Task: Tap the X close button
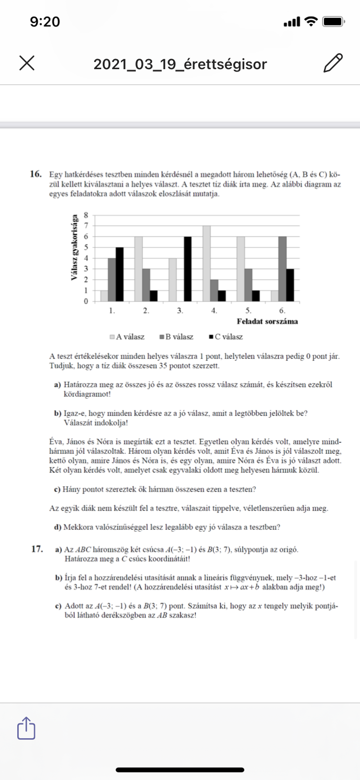coord(27,63)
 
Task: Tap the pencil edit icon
coord(333,63)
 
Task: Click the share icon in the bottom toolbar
coord(26,728)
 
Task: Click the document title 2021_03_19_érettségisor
coord(180,64)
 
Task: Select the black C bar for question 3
coord(188,269)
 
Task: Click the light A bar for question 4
coord(206,264)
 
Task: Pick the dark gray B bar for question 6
coord(282,269)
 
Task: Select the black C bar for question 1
coord(120,274)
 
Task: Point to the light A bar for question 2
coord(138,269)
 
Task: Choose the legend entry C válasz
coord(226,337)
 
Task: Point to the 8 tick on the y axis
coord(86,215)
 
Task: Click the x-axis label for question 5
coord(248,311)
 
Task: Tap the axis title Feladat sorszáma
coord(267,321)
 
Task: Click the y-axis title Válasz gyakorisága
coord(75,248)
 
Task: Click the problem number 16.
coord(36,174)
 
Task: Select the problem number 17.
coord(37,549)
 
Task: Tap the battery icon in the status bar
coord(333,22)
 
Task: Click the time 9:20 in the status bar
coord(45,22)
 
